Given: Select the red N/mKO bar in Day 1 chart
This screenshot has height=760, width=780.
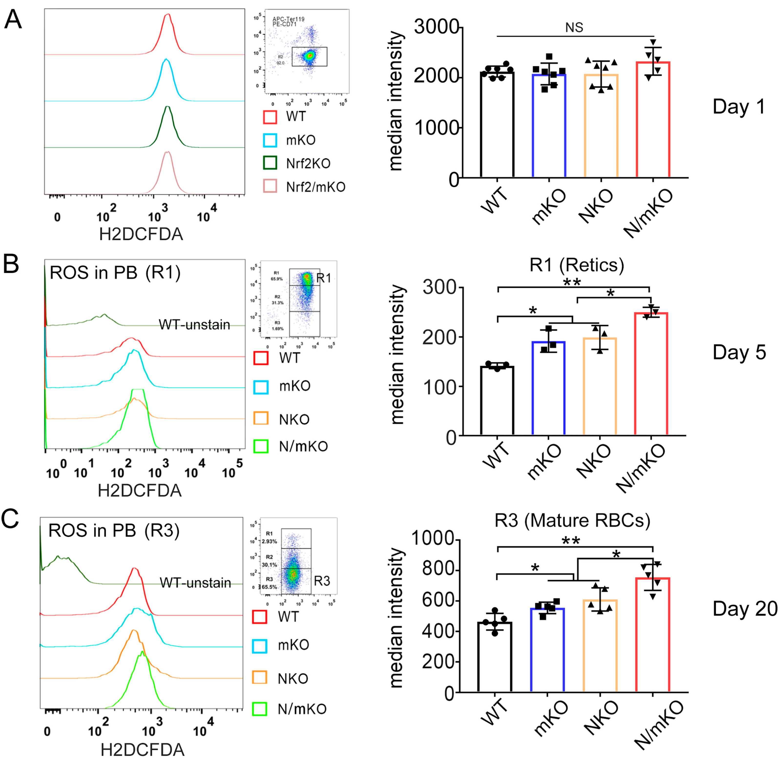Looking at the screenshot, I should (x=653, y=120).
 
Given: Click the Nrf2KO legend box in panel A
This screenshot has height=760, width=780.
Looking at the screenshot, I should (x=270, y=163).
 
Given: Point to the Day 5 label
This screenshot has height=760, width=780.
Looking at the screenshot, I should (x=739, y=352).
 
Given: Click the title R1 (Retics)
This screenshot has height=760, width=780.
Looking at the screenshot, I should (x=577, y=265).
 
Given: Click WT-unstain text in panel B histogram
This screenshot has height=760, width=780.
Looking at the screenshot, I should (x=194, y=325).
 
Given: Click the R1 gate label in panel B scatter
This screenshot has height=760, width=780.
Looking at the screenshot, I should (x=323, y=278).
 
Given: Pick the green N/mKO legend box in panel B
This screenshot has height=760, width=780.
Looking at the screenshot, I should (x=260, y=446).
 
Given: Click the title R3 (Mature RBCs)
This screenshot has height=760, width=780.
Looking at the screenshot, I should (x=572, y=520).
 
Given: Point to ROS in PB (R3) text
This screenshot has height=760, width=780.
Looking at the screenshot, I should (x=114, y=530).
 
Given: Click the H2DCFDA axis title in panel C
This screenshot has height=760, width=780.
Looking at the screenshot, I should (x=142, y=750).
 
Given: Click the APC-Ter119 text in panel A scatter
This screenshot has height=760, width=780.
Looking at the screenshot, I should (x=288, y=19).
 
